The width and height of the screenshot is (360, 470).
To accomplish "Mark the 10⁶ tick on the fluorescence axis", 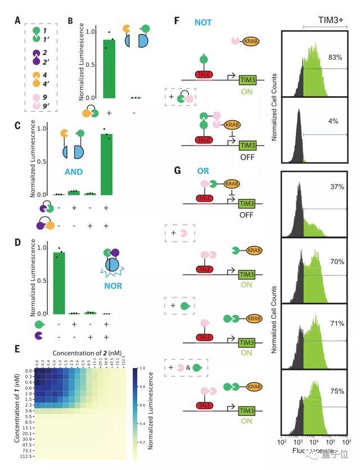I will coord(343,442).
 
